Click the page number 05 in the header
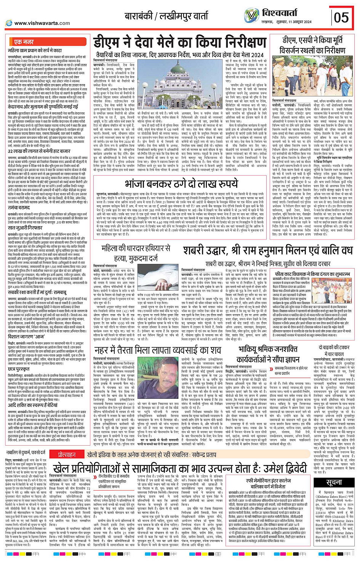point(341,17)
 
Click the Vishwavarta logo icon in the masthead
point(252,15)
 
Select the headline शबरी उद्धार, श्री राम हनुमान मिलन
point(269,251)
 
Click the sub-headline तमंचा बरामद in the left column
point(19,208)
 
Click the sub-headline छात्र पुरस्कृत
point(19,369)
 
